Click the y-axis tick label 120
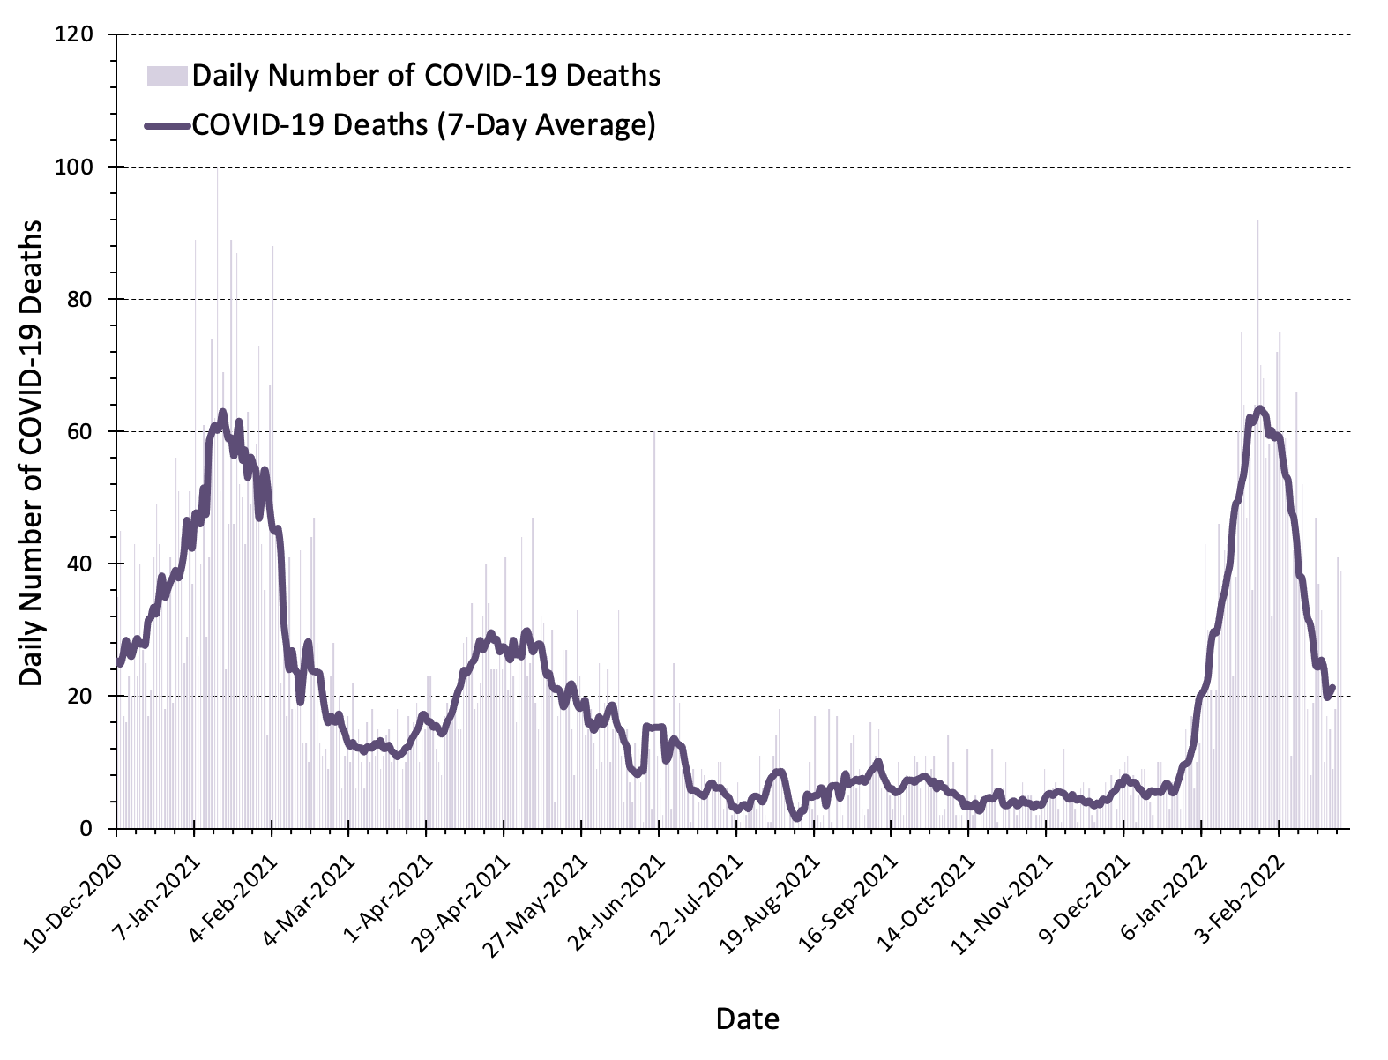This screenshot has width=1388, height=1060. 77,35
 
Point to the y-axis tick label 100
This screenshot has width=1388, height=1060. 77,168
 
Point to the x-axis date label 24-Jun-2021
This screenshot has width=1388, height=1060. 617,885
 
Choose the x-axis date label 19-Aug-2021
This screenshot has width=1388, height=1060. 771,885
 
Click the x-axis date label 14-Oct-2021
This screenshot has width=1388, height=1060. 927,885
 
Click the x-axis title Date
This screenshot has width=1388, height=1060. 747,1019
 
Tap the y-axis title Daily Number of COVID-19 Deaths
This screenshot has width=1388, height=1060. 32,453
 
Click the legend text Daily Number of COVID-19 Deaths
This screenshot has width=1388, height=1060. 426,76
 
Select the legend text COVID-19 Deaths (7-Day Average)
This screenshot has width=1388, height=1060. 423,124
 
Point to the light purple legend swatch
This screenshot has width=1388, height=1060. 167,76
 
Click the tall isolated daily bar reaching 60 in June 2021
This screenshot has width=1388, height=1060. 654,617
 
